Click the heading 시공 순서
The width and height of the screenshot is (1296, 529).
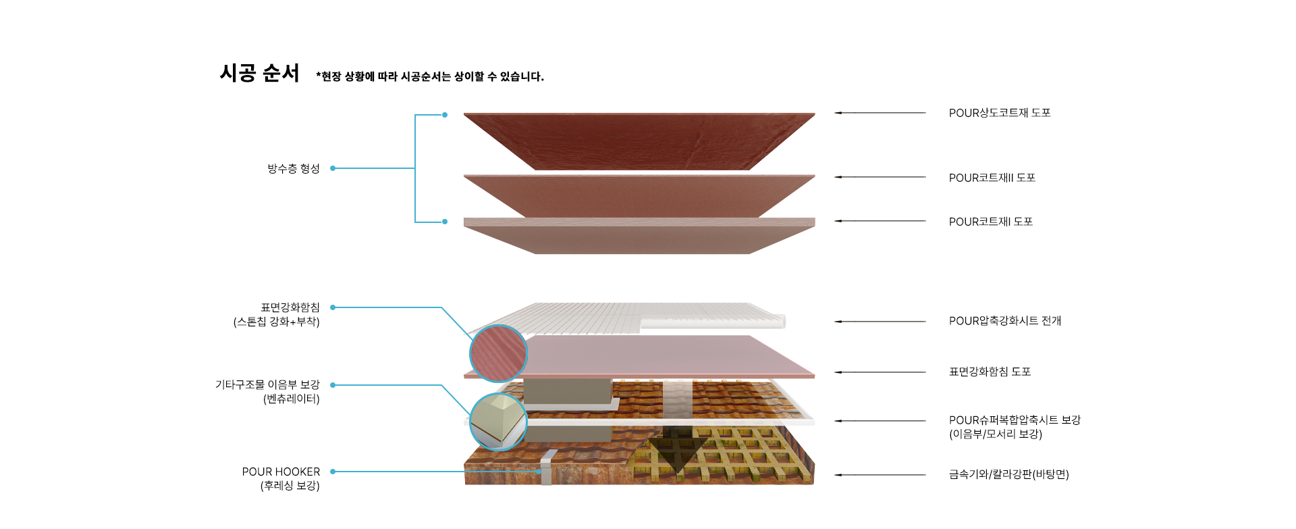(259, 73)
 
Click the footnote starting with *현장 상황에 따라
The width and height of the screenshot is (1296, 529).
(430, 76)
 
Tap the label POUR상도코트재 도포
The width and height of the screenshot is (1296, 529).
(999, 113)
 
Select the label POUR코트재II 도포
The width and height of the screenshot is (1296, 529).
(992, 178)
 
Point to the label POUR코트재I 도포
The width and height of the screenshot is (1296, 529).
(990, 222)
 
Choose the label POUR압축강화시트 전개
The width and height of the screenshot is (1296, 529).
(1004, 321)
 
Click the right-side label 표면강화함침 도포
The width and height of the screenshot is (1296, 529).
(990, 372)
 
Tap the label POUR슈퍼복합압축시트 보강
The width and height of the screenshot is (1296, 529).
(1014, 420)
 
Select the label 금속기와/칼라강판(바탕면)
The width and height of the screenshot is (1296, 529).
(1008, 474)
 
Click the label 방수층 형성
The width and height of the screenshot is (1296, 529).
(293, 168)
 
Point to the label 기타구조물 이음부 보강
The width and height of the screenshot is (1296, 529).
(267, 384)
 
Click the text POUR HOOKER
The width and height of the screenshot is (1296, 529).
(281, 472)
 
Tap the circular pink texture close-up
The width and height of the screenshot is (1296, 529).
(498, 353)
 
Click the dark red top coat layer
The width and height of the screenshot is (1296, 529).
(639, 138)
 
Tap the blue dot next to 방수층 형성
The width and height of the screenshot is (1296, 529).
(333, 168)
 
